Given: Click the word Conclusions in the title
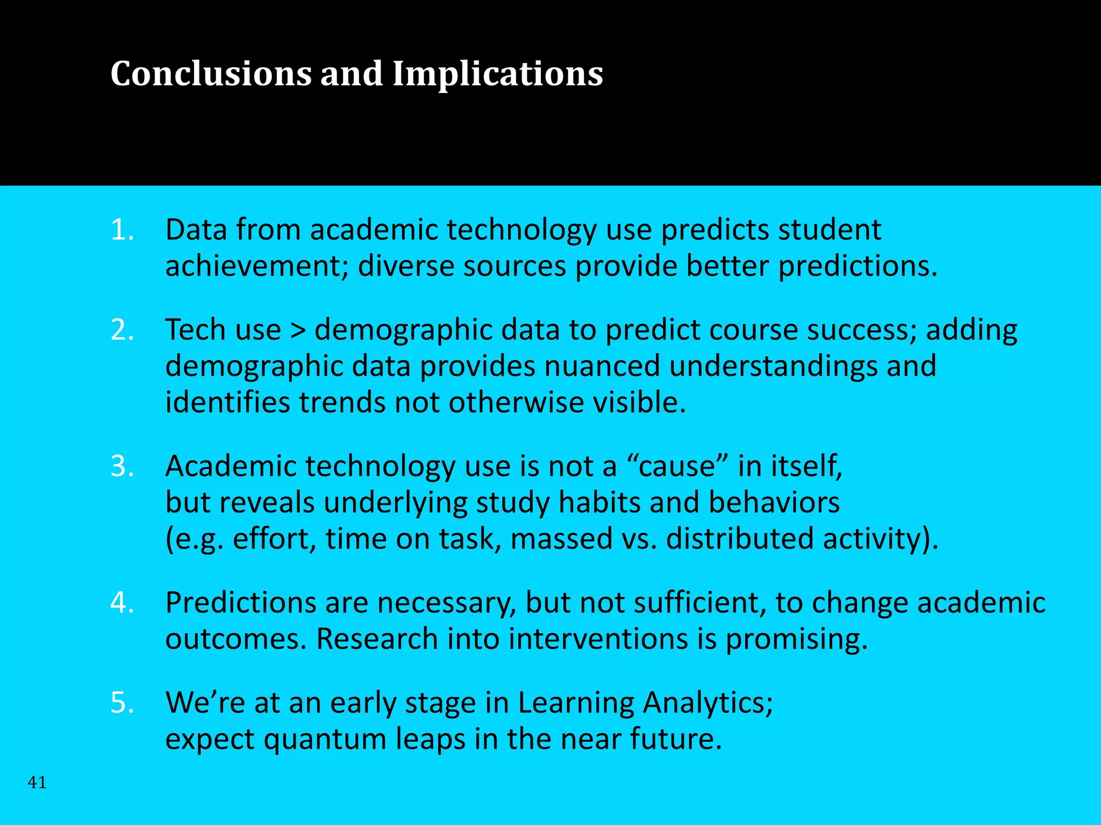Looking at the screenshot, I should pyautogui.click(x=210, y=74).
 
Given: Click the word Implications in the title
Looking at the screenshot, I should pyautogui.click(x=497, y=75).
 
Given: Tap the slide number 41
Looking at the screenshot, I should pyautogui.click(x=37, y=783).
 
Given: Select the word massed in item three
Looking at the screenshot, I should pyautogui.click(x=561, y=539).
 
